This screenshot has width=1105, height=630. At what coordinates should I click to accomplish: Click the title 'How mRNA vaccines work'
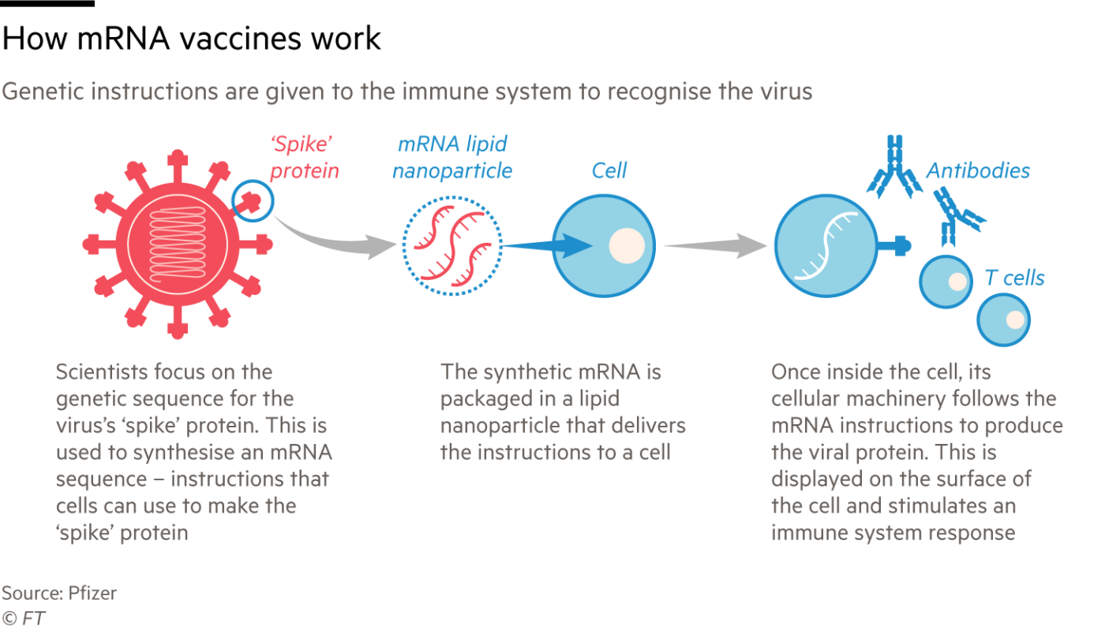(191, 39)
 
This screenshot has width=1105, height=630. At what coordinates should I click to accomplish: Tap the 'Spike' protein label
(305, 158)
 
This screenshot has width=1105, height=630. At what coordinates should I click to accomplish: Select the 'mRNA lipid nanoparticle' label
(451, 158)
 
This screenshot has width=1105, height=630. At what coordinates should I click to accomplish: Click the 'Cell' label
(609, 170)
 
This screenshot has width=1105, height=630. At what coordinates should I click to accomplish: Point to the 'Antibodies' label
(978, 170)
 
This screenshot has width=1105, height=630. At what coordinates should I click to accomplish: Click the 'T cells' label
(1014, 278)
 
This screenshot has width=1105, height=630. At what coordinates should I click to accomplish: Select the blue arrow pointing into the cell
(548, 245)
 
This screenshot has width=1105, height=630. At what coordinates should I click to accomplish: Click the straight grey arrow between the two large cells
(715, 245)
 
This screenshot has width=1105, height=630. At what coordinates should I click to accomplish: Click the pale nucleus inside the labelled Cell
(627, 245)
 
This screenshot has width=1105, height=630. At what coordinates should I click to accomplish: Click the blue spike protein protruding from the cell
(894, 245)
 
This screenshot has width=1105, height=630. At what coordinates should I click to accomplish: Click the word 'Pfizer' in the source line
(92, 593)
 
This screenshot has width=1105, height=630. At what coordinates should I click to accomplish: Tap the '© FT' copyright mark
(24, 618)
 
